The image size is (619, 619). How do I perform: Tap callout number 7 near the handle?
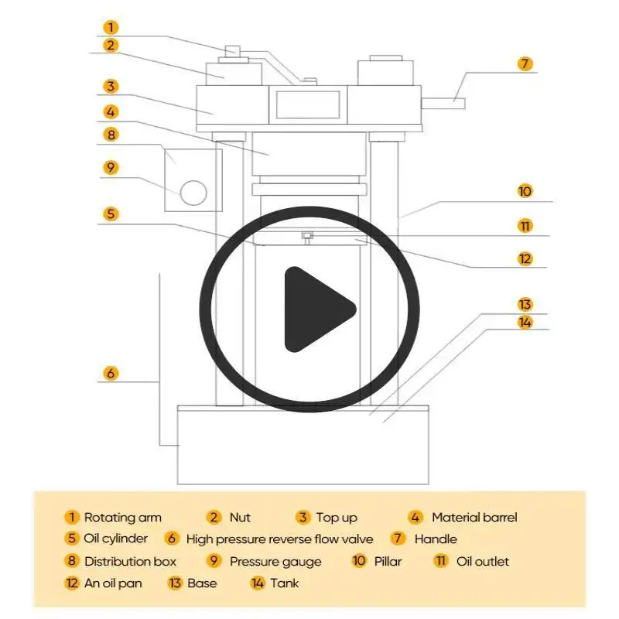pos(525,63)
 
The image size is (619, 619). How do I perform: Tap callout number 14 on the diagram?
pos(525,323)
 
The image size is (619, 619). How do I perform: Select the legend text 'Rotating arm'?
pos(122,518)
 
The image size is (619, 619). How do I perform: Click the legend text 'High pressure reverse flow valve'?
pos(279,539)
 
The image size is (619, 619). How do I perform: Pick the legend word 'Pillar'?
pos(388,562)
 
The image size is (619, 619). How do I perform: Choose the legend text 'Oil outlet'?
pos(483,562)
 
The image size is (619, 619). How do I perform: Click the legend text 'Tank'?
pos(284,583)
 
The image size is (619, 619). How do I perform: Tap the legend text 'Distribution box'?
pos(130,562)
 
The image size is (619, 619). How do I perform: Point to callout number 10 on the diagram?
pos(525,191)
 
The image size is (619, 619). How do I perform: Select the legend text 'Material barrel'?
pos(474,518)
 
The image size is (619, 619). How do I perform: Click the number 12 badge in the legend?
pos(72,583)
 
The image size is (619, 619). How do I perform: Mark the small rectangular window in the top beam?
pos(307,104)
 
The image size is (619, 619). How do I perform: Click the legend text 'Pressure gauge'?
pos(275,562)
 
